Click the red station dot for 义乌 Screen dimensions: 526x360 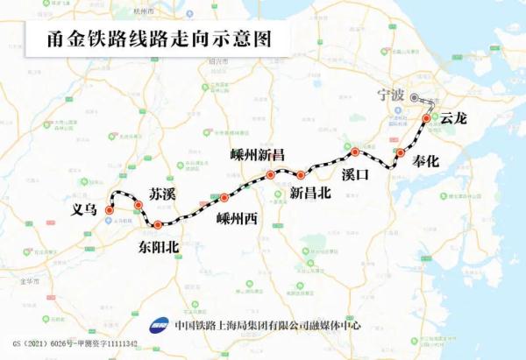[110, 210]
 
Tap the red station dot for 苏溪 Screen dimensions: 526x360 [139, 205]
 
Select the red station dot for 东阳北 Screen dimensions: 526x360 [157, 226]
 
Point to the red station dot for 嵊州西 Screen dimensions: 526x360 [224, 197]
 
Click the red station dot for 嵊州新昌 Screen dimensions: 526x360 [271, 175]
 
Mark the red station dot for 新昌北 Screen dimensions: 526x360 [301, 174]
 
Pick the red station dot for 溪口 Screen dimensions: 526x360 [355, 152]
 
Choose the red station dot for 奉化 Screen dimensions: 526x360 [401, 153]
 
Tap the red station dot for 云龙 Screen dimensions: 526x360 [427, 118]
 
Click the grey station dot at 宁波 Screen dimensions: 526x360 [415, 99]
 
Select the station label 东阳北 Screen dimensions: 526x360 [159, 247]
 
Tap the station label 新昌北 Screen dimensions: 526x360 [310, 194]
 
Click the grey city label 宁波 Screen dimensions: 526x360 [388, 95]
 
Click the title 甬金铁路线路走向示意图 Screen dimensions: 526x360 [146, 39]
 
